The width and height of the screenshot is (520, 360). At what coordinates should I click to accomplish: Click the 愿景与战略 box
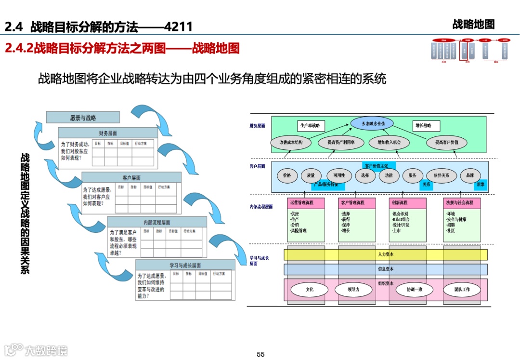click(x=83, y=118)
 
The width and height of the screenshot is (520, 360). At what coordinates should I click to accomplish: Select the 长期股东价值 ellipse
click(x=372, y=124)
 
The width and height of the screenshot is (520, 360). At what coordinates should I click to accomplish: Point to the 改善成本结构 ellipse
click(x=287, y=143)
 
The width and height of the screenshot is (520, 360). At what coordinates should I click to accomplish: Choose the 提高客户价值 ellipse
click(x=446, y=143)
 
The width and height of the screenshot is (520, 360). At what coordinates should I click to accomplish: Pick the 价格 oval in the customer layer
click(x=287, y=175)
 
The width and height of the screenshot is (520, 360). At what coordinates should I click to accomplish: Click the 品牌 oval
click(x=470, y=175)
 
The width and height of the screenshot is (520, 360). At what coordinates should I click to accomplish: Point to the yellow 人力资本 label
click(x=386, y=254)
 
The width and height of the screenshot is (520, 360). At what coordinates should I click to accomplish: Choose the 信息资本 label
click(x=386, y=269)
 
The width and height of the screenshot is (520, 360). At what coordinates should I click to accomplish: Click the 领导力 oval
click(x=353, y=290)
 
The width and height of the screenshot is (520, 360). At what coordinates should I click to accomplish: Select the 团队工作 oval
click(x=462, y=290)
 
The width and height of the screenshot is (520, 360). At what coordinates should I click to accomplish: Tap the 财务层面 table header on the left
click(x=108, y=133)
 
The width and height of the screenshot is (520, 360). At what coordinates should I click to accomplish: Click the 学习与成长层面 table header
click(x=185, y=265)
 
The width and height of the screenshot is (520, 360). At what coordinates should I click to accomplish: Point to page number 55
click(x=260, y=354)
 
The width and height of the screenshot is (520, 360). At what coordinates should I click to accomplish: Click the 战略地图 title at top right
click(x=473, y=24)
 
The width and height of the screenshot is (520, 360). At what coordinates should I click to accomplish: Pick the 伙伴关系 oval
click(x=441, y=175)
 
